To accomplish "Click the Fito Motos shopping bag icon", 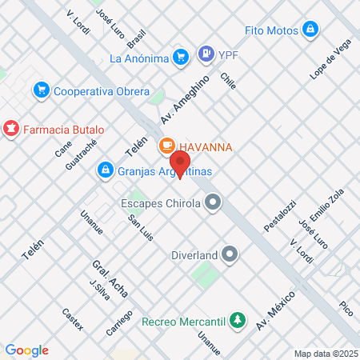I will point(310,30).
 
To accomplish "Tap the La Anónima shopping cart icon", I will point(181,56).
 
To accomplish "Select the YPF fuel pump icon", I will point(206,54).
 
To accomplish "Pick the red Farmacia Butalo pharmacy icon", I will point(10,128).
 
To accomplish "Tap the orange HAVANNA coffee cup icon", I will point(166,145).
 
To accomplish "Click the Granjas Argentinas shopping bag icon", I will point(105,170).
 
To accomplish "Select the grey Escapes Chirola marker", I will point(213,202).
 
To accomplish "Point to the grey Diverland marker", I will point(230,255).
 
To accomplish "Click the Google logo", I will point(26,350).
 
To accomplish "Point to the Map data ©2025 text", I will point(324,353).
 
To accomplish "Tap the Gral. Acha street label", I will point(108,278).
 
